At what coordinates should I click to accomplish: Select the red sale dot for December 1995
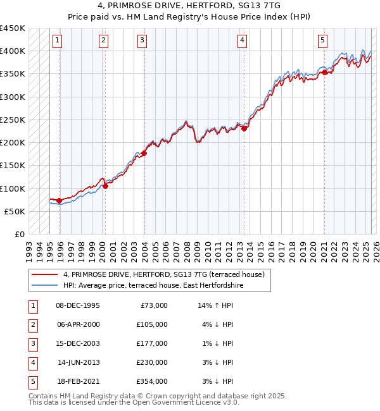pyautogui.click(x=60, y=201)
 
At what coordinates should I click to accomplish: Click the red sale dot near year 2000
pyautogui.click(x=105, y=186)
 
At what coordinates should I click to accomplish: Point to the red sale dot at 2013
pyautogui.click(x=244, y=129)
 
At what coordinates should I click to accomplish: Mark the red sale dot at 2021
pyautogui.click(x=324, y=73)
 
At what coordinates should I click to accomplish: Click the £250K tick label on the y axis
pyautogui.click(x=13, y=120)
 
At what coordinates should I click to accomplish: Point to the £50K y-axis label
pyautogui.click(x=15, y=211)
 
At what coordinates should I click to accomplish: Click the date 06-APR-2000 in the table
pyautogui.click(x=78, y=324)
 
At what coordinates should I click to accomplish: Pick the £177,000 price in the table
pyautogui.click(x=152, y=343)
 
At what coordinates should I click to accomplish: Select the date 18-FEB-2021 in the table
pyautogui.click(x=78, y=381)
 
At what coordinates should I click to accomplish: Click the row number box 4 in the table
pyautogui.click(x=32, y=362)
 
